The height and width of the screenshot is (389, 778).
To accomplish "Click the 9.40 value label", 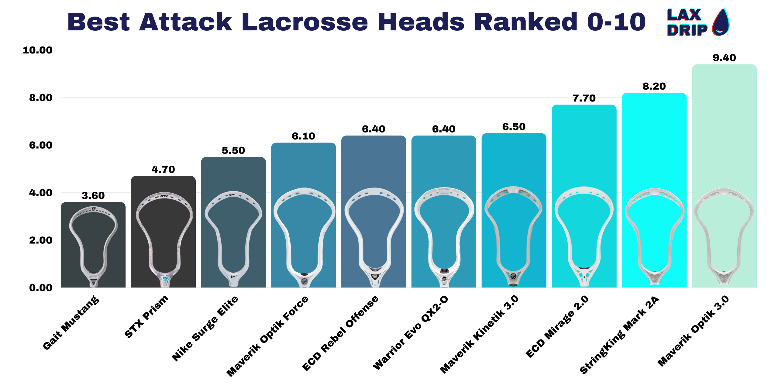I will pyautogui.click(x=724, y=58).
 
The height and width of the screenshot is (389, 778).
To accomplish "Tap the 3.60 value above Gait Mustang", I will pyautogui.click(x=93, y=195).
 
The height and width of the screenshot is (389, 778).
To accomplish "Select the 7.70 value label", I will pyautogui.click(x=584, y=98).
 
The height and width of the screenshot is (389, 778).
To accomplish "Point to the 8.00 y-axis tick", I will pyautogui.click(x=41, y=98).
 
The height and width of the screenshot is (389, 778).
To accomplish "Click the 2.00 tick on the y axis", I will pyautogui.click(x=41, y=240).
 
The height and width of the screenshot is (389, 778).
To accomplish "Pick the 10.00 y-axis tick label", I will pyautogui.click(x=38, y=50).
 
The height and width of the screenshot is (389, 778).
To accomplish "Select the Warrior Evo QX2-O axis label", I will pyautogui.click(x=410, y=332).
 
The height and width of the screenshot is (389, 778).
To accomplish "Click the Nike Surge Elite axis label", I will pyautogui.click(x=205, y=328).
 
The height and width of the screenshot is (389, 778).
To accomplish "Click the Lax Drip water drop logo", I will pyautogui.click(x=721, y=22).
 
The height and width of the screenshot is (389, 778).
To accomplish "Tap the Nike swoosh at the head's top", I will pyautogui.click(x=233, y=194).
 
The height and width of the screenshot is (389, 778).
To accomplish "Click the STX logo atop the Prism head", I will pyautogui.click(x=164, y=196).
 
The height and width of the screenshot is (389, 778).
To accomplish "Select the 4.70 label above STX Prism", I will pyautogui.click(x=163, y=169).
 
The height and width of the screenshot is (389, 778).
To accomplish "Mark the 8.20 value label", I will pyautogui.click(x=654, y=86).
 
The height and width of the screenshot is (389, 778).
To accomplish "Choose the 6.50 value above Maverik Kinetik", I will pyautogui.click(x=514, y=127).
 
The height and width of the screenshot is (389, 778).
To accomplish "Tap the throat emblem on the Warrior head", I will pyautogui.click(x=444, y=278).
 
